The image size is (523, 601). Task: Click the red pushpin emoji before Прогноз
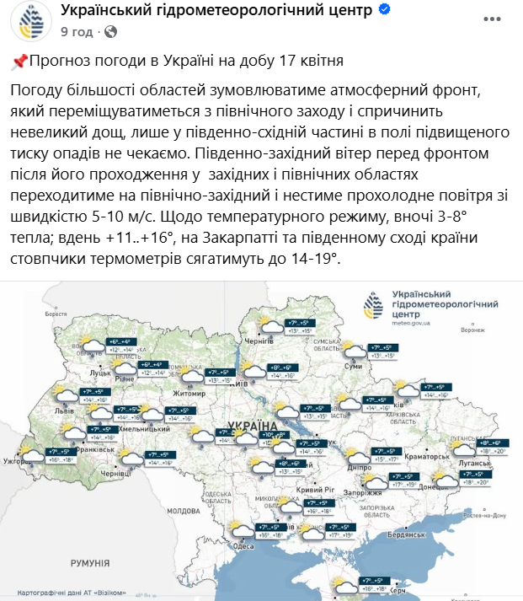tap(19, 62)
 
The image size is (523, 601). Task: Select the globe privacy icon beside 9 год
tap(110, 32)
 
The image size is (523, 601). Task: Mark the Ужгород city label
tap(17, 461)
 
